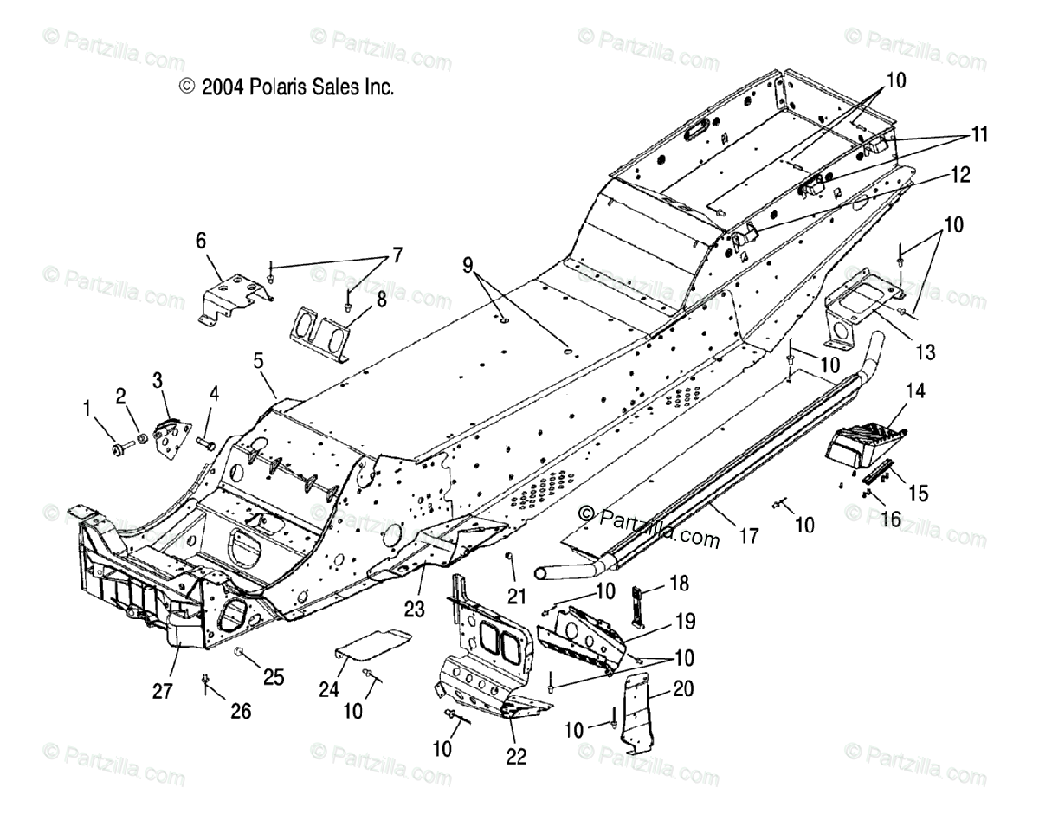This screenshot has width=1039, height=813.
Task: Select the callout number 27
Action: click(162, 692)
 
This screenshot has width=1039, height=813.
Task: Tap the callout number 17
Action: click(748, 537)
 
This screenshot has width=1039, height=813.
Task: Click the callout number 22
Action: click(516, 756)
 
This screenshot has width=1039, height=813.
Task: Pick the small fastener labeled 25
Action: click(240, 650)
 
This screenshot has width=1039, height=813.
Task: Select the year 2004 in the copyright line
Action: click(223, 87)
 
